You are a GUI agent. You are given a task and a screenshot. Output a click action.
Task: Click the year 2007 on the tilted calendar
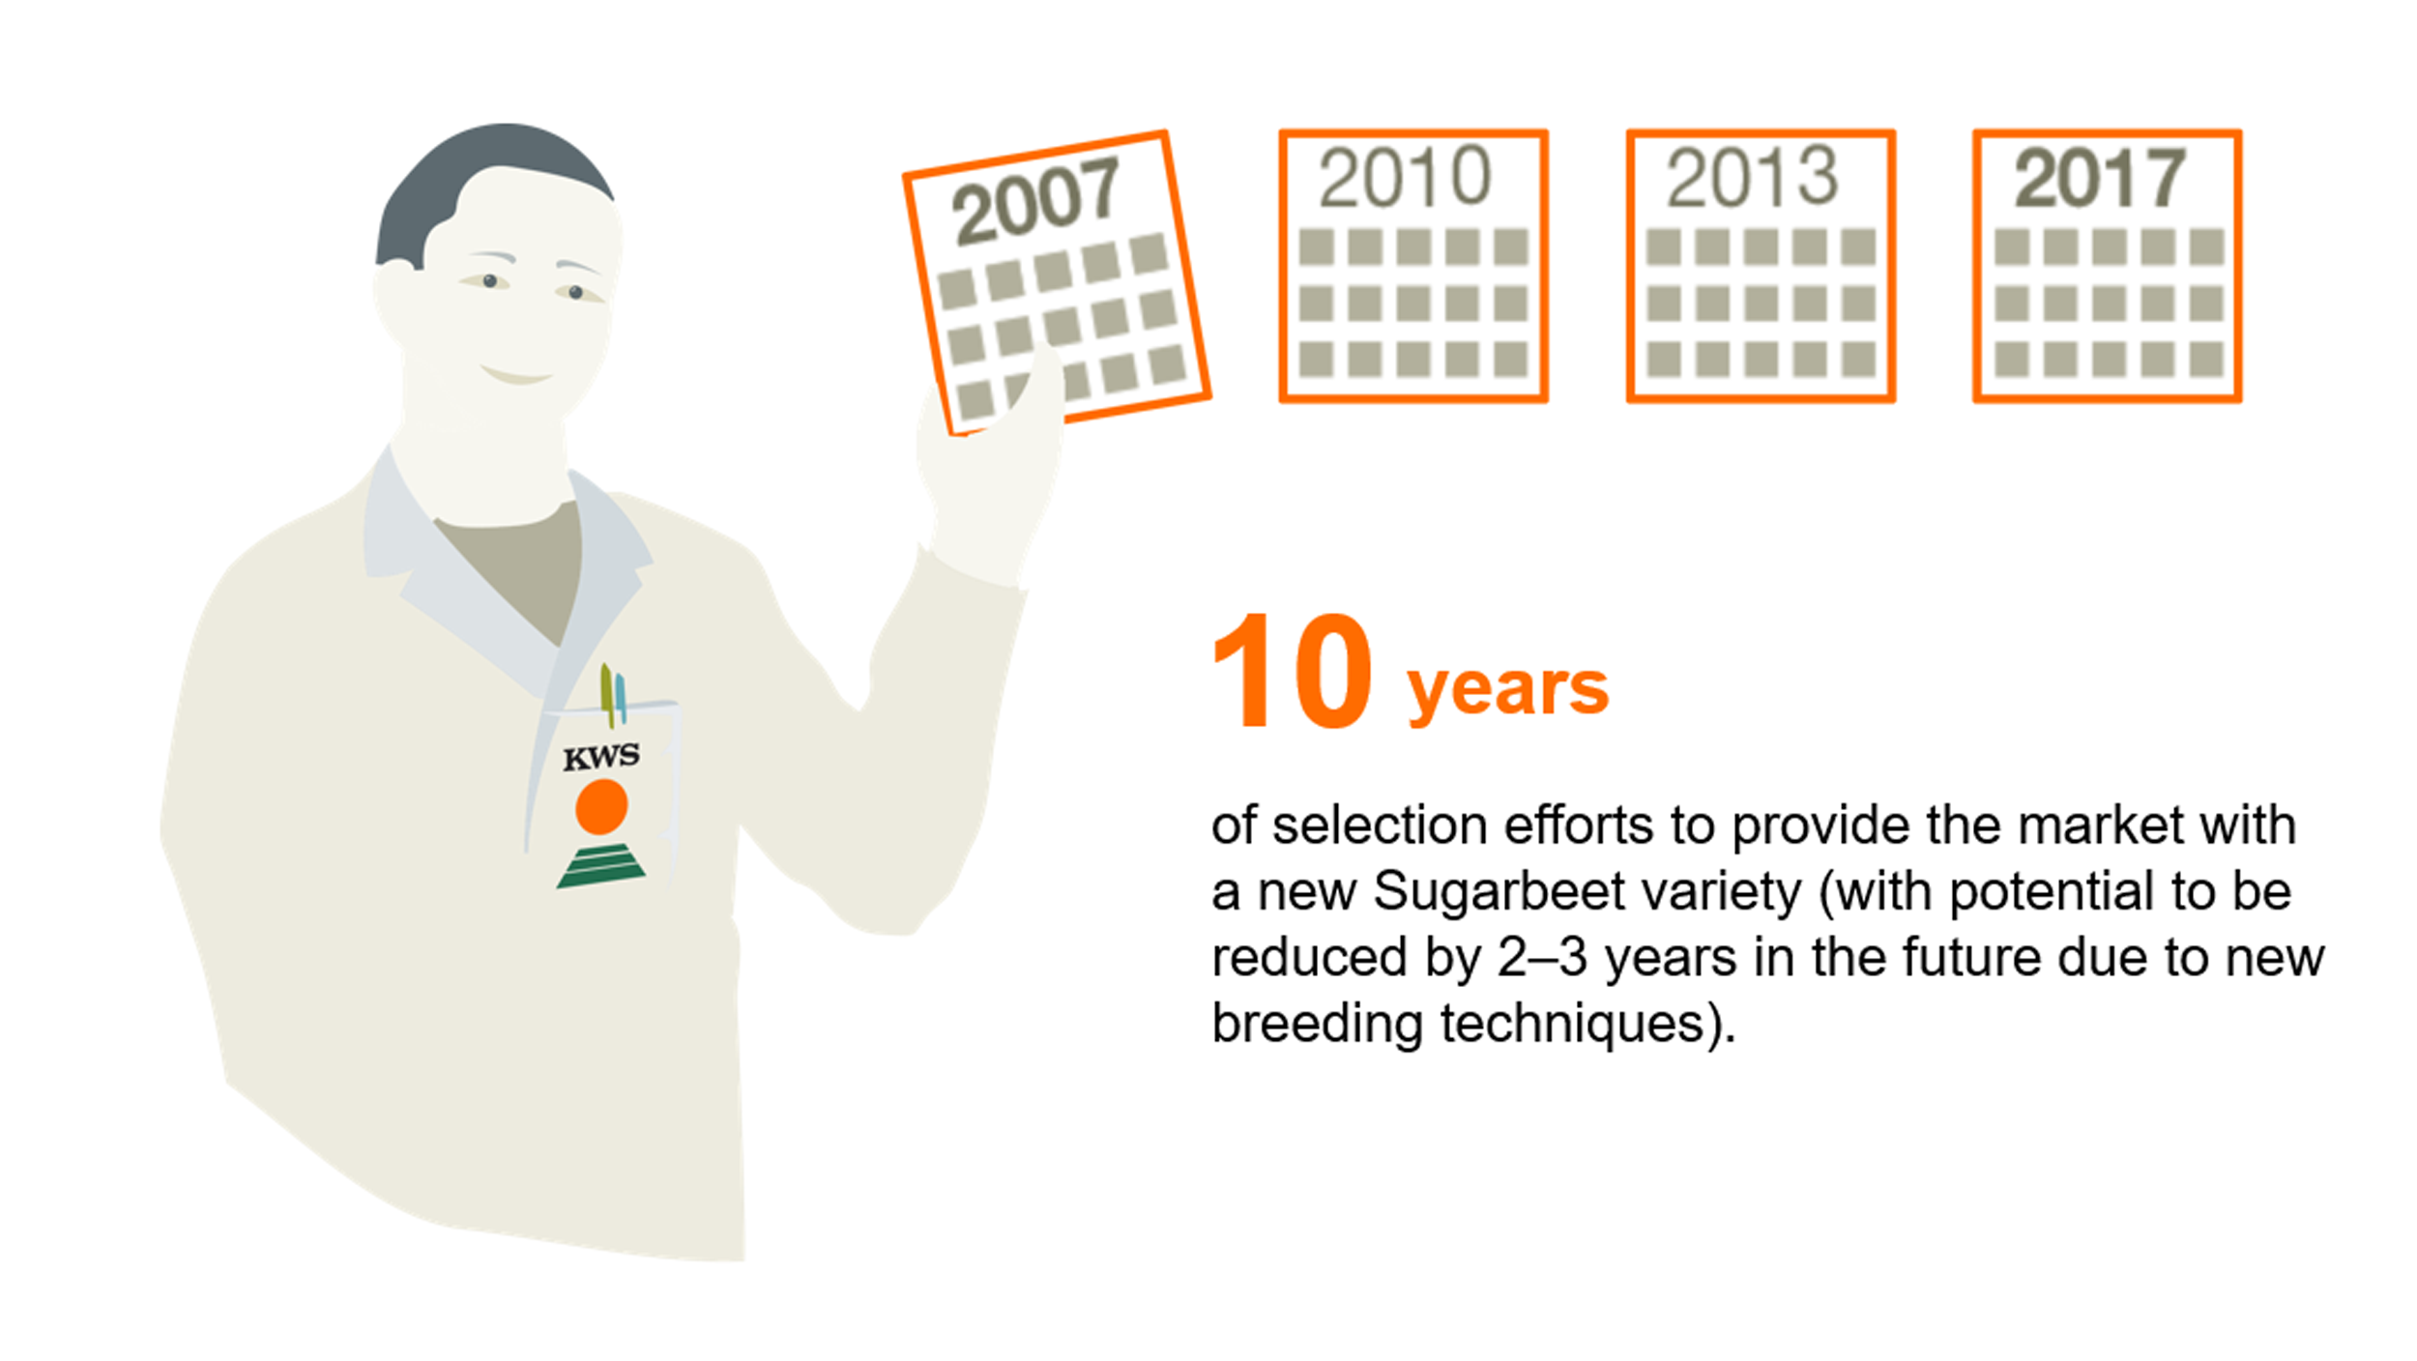(1035, 200)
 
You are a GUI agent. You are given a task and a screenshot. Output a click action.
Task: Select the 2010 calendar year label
(1405, 177)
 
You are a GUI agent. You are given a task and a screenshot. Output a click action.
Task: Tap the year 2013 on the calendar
(1751, 177)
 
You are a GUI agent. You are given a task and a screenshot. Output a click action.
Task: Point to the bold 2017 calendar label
(2099, 178)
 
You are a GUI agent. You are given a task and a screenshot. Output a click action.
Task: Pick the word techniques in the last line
(1572, 1023)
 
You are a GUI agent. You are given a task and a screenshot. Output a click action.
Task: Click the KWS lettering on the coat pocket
(601, 757)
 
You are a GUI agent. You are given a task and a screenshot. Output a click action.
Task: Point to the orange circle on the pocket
(601, 806)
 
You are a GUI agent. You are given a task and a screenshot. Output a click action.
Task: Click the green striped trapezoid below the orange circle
(601, 866)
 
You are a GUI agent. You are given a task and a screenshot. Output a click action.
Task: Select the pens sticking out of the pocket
(613, 693)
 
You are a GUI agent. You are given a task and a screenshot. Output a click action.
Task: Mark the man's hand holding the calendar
(991, 464)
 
